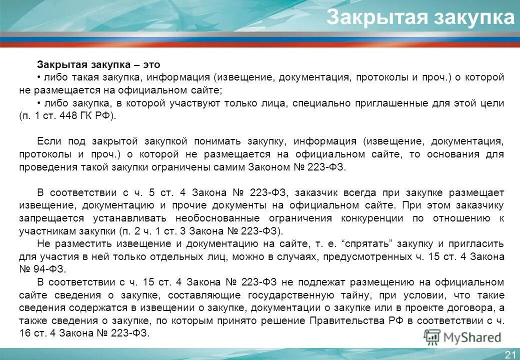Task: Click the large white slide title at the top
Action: [420, 17]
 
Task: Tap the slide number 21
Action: [510, 354]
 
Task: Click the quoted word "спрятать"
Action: [368, 244]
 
